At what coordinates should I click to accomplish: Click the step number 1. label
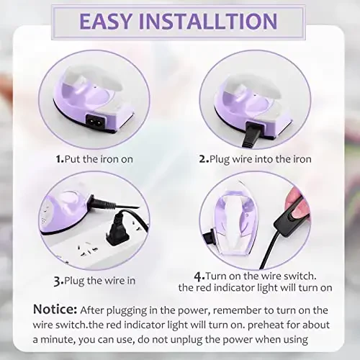click(59, 158)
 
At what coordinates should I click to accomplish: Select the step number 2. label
click(204, 158)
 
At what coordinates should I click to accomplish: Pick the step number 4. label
click(199, 276)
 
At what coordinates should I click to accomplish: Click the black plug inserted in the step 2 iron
click(252, 134)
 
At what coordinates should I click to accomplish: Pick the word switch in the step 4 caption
click(298, 276)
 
